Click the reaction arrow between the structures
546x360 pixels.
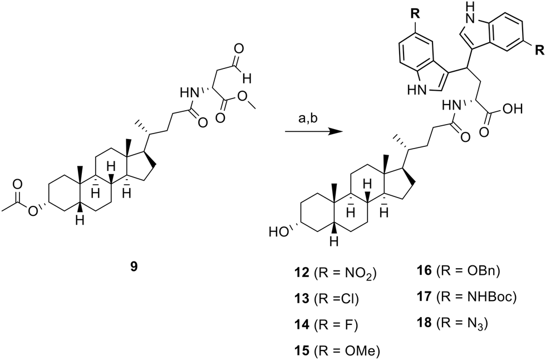tap(313, 132)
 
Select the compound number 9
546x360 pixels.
tap(134, 267)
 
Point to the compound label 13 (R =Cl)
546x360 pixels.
tap(326, 299)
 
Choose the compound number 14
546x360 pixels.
tap(301, 325)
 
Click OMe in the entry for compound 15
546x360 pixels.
tap(360, 351)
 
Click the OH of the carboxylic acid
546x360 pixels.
tap(513, 109)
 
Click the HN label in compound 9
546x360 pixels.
tap(188, 92)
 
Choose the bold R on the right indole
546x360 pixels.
tap(539, 51)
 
